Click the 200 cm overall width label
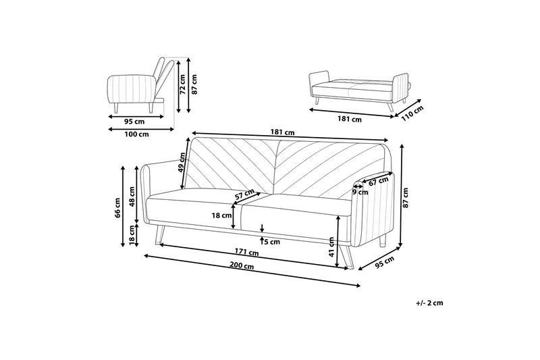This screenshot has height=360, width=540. (x=240, y=267)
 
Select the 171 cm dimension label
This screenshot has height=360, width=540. (x=248, y=253)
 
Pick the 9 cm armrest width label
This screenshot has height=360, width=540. (x=360, y=192)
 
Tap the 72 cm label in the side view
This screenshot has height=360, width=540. (x=182, y=83)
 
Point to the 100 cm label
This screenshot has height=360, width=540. (x=137, y=134)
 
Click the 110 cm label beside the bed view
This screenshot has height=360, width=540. (x=411, y=111)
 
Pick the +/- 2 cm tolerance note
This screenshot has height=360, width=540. (x=429, y=303)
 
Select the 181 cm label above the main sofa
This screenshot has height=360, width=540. (x=287, y=132)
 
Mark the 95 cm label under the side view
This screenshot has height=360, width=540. (x=134, y=122)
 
